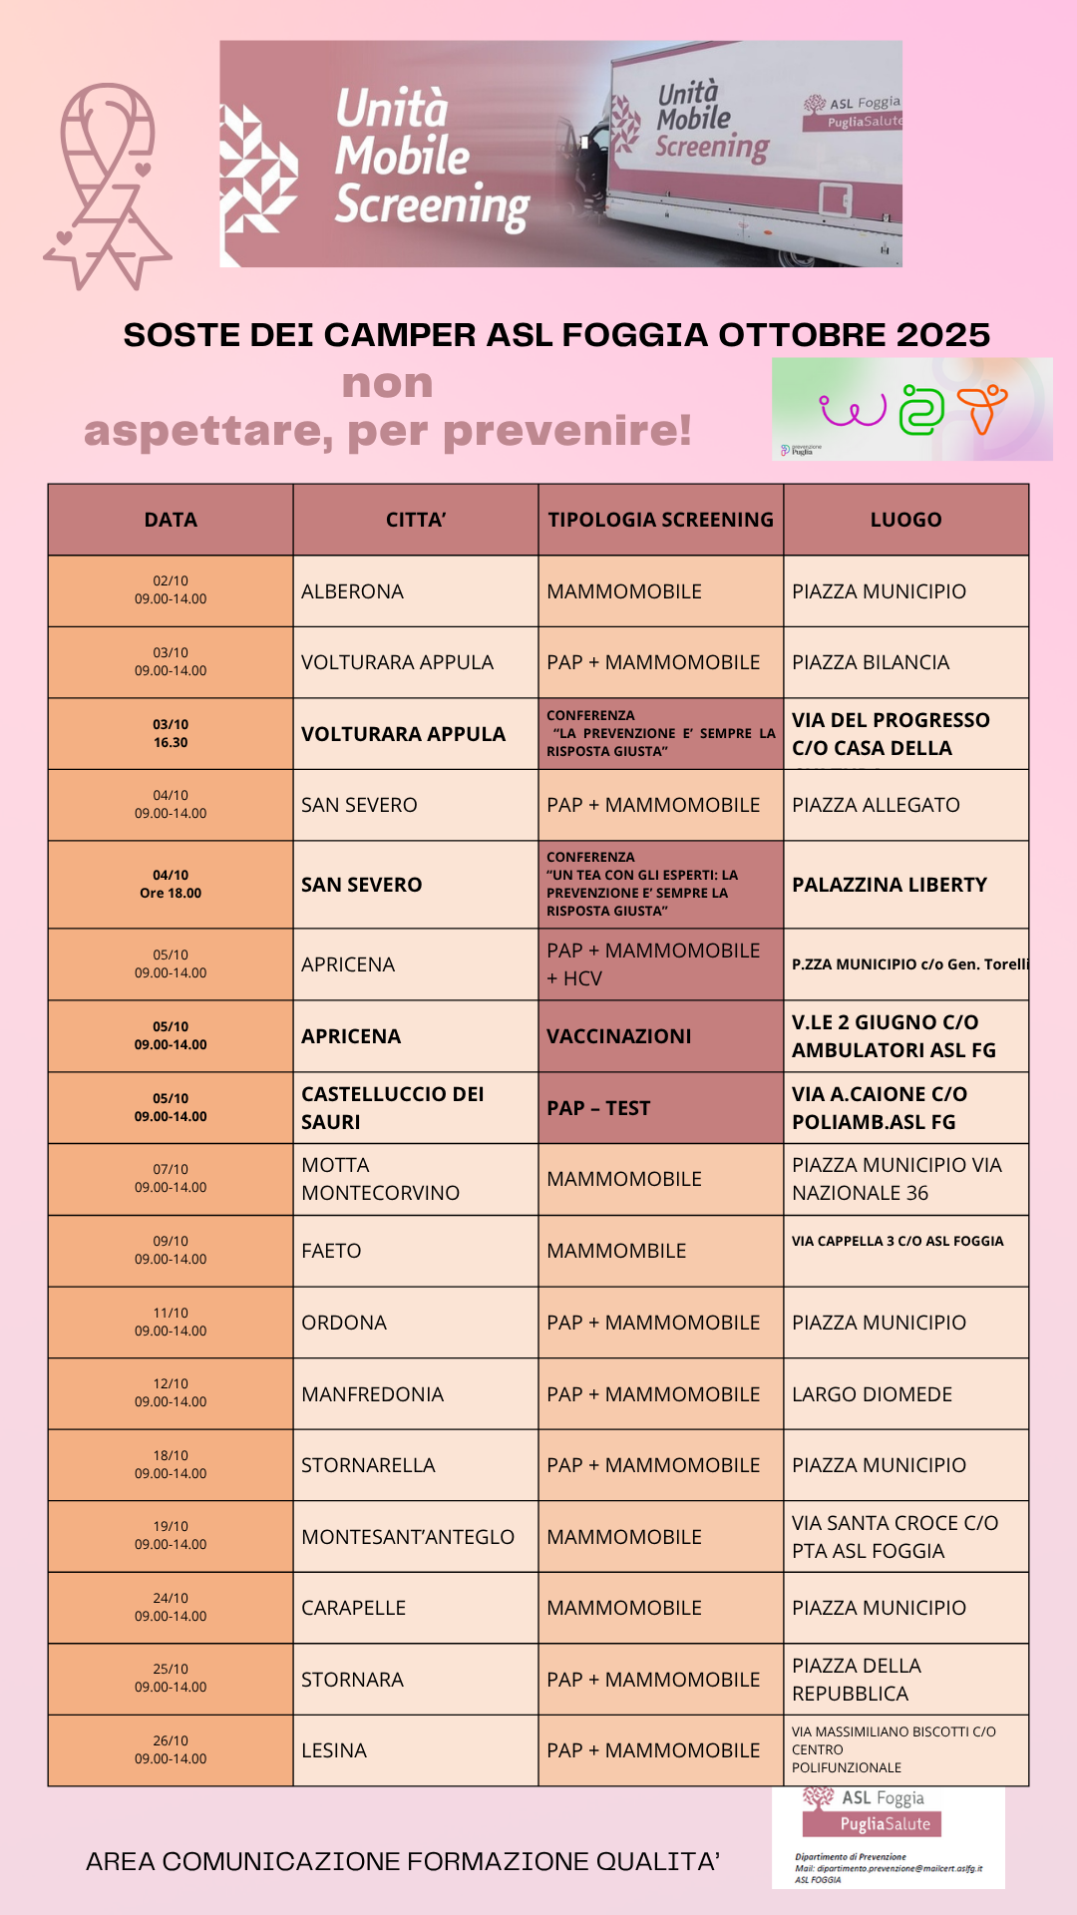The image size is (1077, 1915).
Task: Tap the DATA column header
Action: pos(171,520)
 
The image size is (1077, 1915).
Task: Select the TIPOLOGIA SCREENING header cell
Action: pos(660,520)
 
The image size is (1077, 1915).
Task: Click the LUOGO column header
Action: pos(905,520)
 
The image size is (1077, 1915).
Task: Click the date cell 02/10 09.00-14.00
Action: pos(171,590)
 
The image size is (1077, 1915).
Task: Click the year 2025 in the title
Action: pos(943,335)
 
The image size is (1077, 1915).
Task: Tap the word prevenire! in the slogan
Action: pos(567,431)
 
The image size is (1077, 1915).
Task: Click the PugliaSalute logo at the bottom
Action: pos(873,1824)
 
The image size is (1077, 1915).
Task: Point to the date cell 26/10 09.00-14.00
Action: pos(171,1750)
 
